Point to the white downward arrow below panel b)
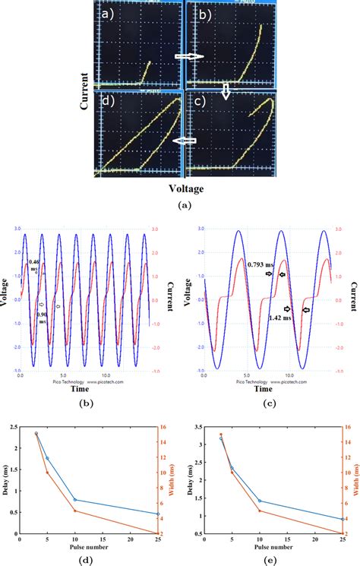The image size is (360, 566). coord(226,91)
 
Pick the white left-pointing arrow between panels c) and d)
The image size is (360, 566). coord(185,141)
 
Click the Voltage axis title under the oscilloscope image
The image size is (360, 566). coord(184,185)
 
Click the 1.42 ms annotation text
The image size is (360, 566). coord(280,318)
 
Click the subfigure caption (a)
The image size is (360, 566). coord(184,205)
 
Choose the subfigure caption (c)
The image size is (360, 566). coord(267,401)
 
